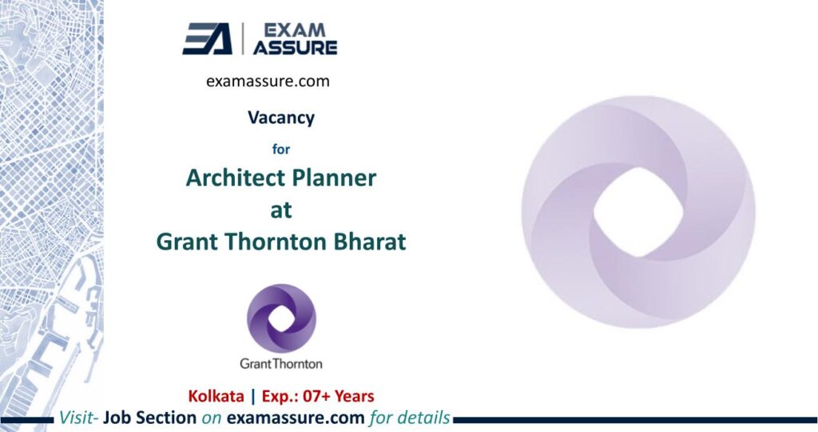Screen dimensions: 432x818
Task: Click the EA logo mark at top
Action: [x=207, y=38]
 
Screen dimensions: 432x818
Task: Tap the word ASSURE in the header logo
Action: [x=294, y=47]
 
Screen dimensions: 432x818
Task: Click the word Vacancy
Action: [x=280, y=118]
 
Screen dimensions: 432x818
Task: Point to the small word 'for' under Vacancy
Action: [x=280, y=147]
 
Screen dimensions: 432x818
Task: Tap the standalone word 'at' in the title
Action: [x=281, y=210]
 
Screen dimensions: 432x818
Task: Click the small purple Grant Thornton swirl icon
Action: [x=281, y=318]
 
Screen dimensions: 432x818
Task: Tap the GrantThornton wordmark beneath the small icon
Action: [x=281, y=363]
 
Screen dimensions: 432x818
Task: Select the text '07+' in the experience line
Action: [x=311, y=395]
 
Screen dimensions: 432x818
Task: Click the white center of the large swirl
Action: [x=637, y=212]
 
